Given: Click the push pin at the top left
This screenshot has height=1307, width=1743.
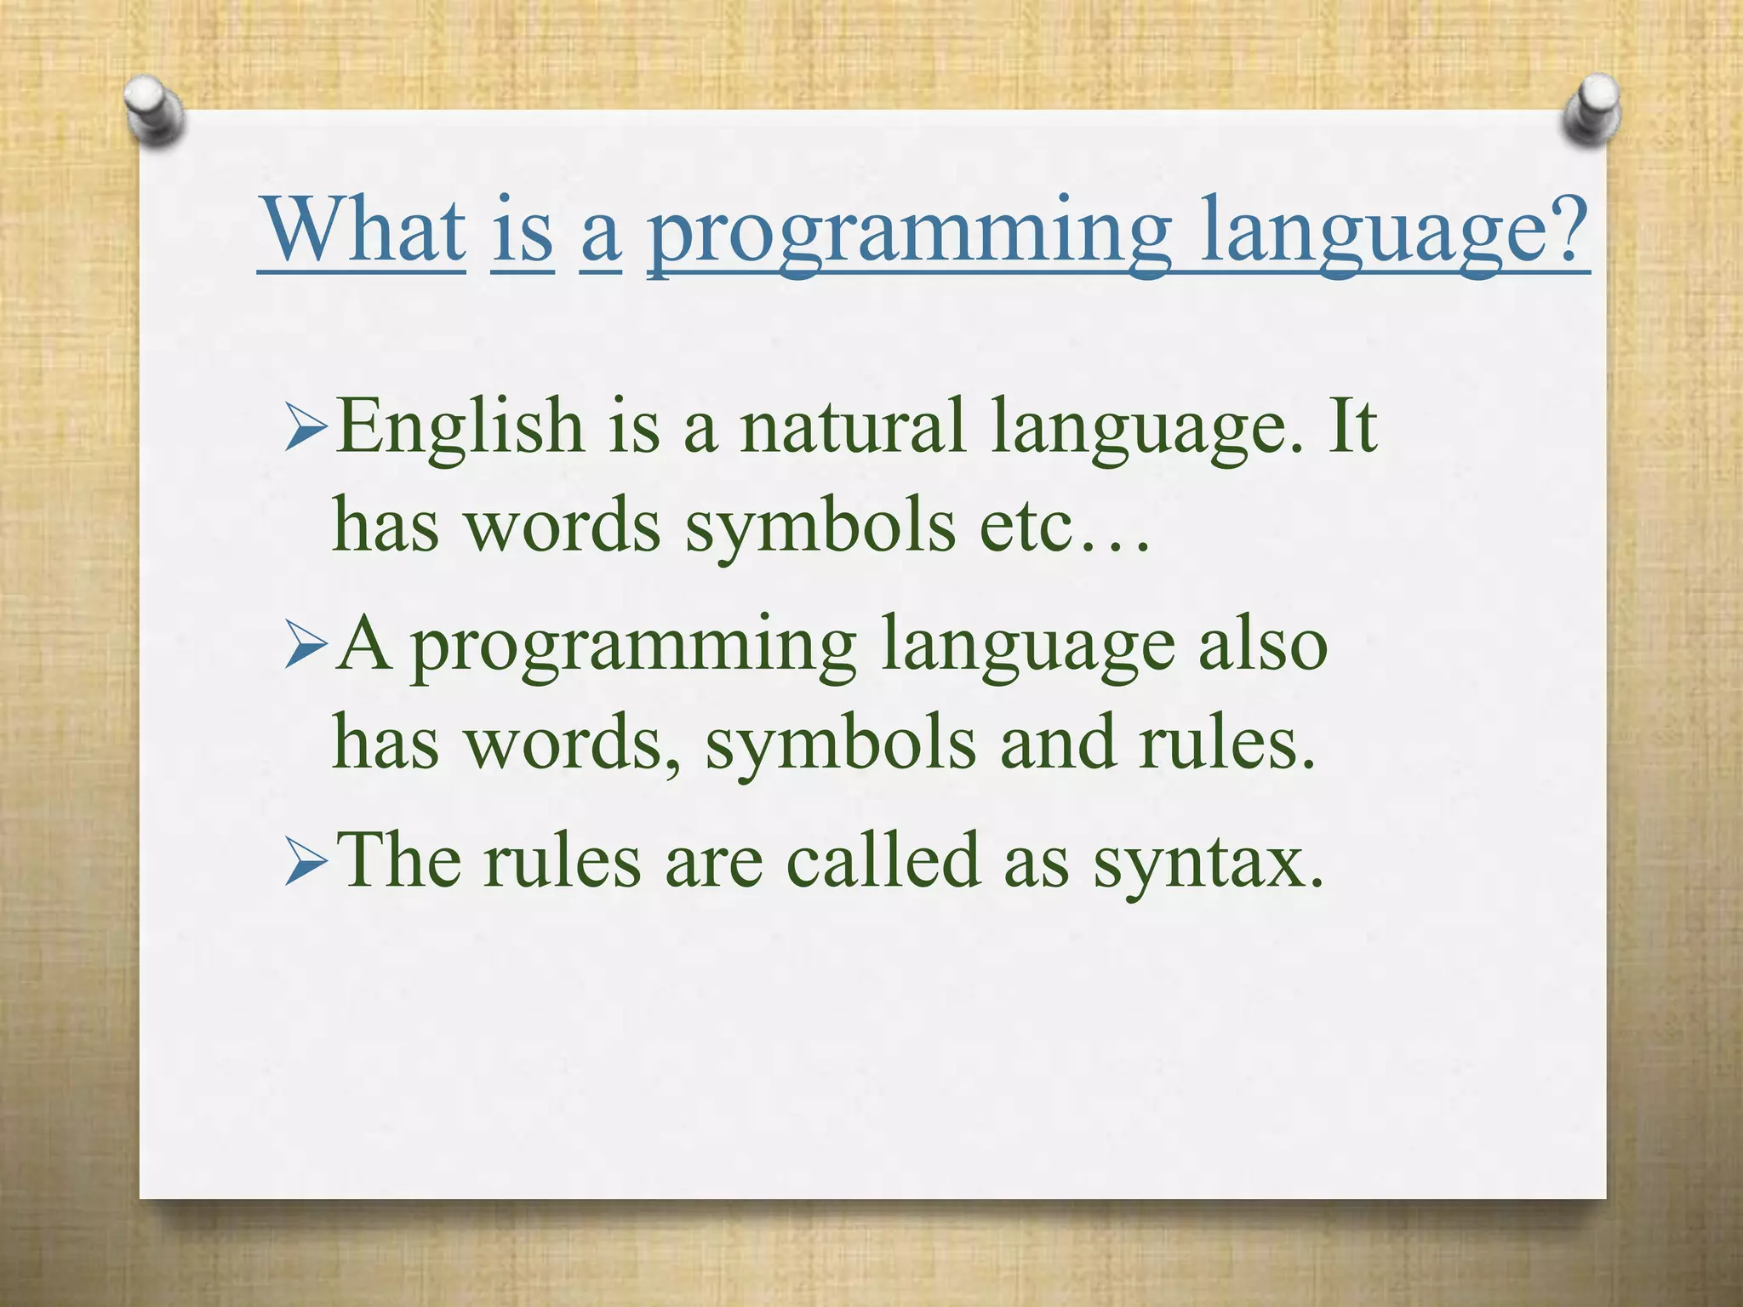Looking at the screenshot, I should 153,111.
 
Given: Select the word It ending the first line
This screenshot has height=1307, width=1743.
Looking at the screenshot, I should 1351,425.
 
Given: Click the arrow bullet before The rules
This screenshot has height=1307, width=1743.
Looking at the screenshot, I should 306,863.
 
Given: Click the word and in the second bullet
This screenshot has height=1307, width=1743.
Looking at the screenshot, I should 1056,742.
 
